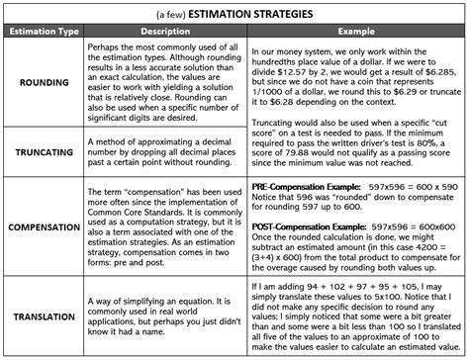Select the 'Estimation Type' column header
41,34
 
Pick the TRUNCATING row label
41,152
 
